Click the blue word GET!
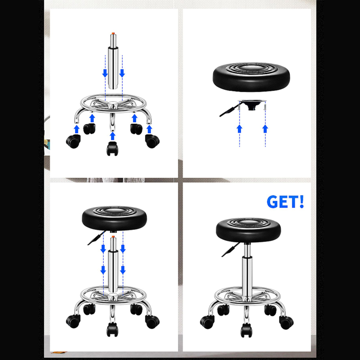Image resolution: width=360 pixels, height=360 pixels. pos(285,202)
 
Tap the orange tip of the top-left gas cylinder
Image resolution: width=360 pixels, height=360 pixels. pos(113,34)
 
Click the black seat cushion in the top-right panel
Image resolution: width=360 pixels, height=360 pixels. pos(252,77)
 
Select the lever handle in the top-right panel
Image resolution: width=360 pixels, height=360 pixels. pos(228,110)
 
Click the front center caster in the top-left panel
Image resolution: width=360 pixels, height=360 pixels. pos(112,148)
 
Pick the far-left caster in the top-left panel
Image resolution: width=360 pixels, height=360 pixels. pos(73,141)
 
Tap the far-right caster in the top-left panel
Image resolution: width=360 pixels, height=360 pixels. pos(152,141)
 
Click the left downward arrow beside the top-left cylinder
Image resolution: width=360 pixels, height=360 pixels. pos(105,73)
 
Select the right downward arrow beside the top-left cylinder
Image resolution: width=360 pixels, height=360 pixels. pos(122,73)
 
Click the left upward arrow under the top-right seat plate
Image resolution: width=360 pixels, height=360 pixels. pos(239,129)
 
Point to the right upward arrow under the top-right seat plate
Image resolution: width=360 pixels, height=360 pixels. pos(265,129)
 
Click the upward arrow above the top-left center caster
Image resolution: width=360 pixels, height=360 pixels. pos(112,136)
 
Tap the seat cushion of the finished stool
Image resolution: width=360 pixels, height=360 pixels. pos(248,230)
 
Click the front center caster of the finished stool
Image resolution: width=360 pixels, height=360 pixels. pos(246,330)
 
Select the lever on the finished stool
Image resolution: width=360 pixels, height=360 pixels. pos(230,250)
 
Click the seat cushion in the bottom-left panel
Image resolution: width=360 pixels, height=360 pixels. pos(114,218)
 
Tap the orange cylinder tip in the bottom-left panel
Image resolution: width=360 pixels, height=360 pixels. pos(113,237)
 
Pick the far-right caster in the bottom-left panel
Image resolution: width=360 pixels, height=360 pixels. pos(152,322)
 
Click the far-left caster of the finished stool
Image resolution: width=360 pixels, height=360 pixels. pos(207,322)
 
